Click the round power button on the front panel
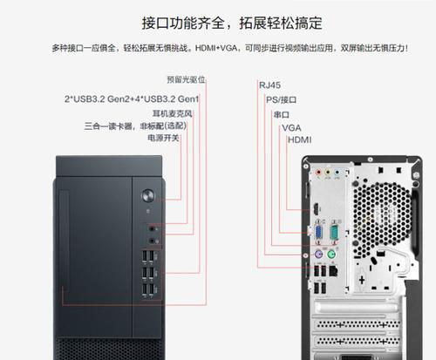pyautogui.click(x=148, y=195)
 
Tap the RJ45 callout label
pyautogui.click(x=269, y=85)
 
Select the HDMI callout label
pyautogui.click(x=299, y=140)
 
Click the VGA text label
pyautogui.click(x=291, y=128)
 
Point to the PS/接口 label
pyautogui.click(x=281, y=100)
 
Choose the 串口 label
pyautogui.click(x=281, y=114)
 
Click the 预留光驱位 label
pyautogui.click(x=186, y=79)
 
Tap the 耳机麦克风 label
pyautogui.click(x=173, y=113)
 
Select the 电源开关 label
pyautogui.click(x=163, y=138)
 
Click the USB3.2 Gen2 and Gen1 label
pyautogui.click(x=132, y=99)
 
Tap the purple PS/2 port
pyautogui.click(x=318, y=255)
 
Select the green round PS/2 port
pyautogui.click(x=331, y=255)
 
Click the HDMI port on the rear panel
pyautogui.click(x=316, y=209)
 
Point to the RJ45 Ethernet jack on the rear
pyautogui.click(x=333, y=271)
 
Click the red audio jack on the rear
pyautogui.click(x=319, y=173)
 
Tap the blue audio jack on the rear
pyautogui.click(x=337, y=173)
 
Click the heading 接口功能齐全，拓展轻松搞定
pyautogui.click(x=232, y=24)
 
